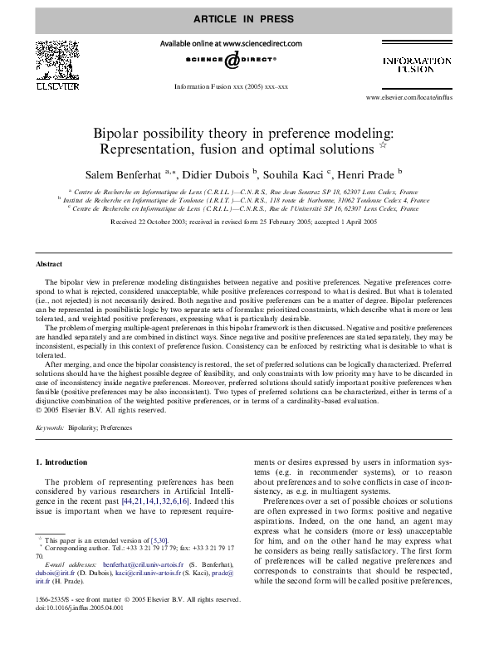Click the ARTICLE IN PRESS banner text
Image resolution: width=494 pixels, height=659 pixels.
click(x=247, y=18)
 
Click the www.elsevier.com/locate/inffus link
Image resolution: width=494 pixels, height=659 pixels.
click(x=408, y=98)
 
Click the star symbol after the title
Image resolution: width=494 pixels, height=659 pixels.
click(x=383, y=146)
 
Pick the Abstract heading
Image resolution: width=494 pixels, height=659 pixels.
click(x=48, y=264)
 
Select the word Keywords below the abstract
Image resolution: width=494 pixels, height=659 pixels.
click(x=51, y=427)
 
